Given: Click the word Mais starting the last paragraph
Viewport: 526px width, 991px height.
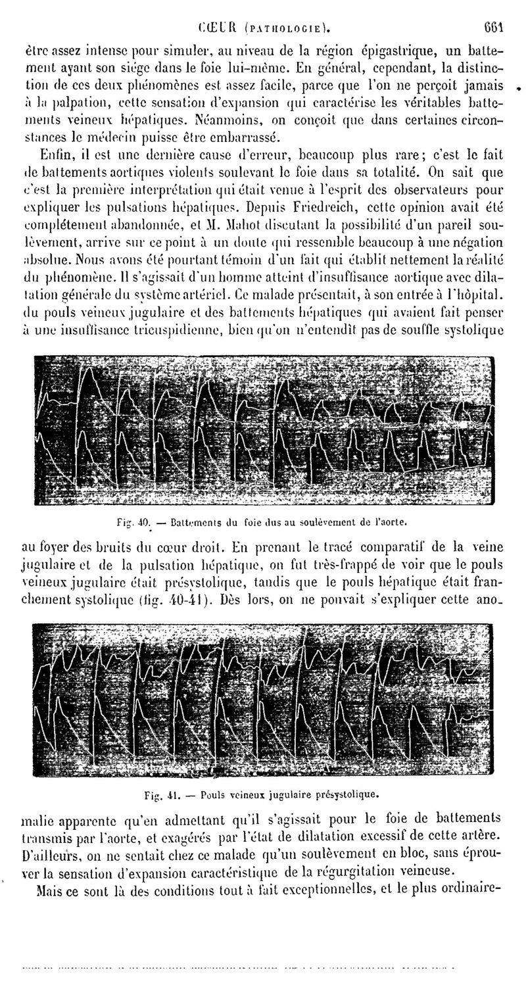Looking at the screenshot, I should [52, 892].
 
